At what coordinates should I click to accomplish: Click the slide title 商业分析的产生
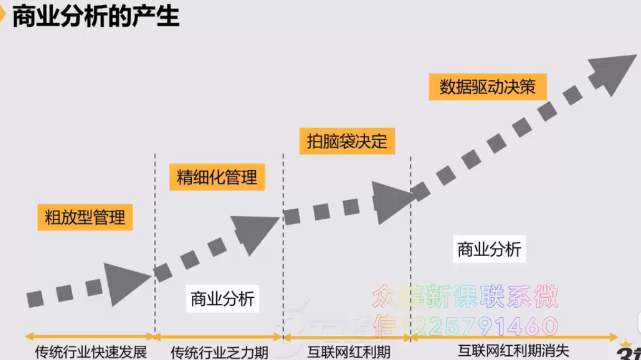click(x=96, y=17)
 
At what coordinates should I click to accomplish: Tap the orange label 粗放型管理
click(x=85, y=217)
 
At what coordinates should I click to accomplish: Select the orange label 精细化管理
click(x=217, y=177)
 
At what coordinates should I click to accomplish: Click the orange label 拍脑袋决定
click(x=347, y=141)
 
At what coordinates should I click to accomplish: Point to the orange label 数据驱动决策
click(x=487, y=86)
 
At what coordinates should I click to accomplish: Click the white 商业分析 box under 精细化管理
click(x=222, y=299)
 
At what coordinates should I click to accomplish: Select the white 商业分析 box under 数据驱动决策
click(x=489, y=249)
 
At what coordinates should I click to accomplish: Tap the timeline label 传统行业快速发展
click(x=91, y=352)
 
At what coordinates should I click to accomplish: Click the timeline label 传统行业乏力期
click(x=219, y=352)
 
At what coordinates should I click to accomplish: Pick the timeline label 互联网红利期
click(x=348, y=351)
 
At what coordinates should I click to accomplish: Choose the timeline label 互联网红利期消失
click(x=513, y=351)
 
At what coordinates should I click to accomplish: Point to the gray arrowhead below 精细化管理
click(x=255, y=232)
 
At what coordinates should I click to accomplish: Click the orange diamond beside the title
click(x=2, y=17)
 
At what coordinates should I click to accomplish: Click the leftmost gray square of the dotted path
click(x=35, y=298)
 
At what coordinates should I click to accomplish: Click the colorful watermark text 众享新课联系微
click(x=465, y=297)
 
